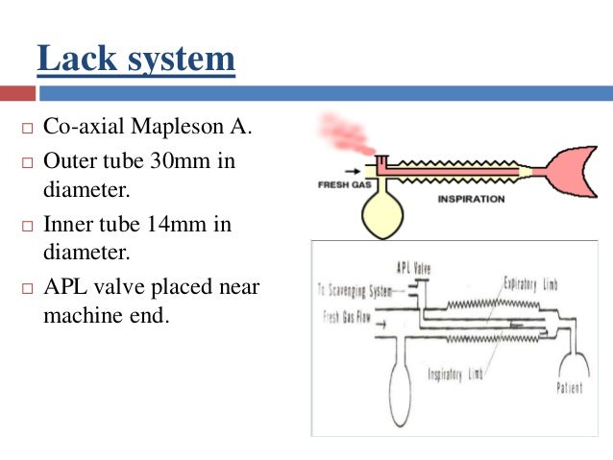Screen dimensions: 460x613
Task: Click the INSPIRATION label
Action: tap(471, 199)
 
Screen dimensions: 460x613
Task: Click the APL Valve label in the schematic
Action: tap(413, 268)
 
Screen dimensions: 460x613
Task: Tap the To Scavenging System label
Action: tap(355, 289)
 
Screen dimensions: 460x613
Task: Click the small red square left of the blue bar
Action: tap(16, 93)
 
